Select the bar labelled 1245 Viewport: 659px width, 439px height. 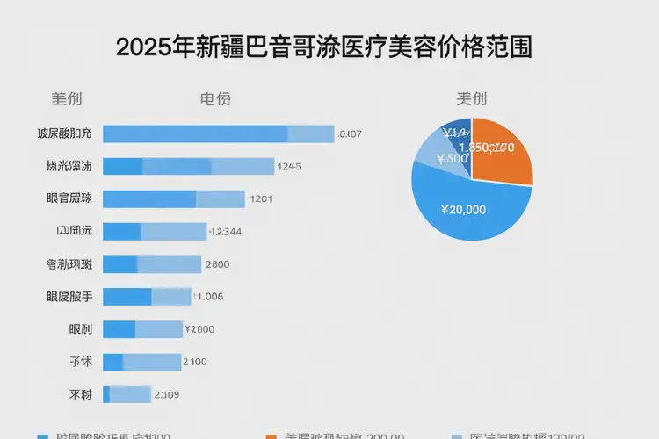[x=189, y=166]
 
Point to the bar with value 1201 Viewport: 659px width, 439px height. [x=174, y=198]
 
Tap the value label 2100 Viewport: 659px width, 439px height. [x=194, y=362]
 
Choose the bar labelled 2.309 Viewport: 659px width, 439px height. [x=128, y=394]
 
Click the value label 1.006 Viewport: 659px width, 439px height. [x=208, y=297]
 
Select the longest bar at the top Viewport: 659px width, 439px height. [x=219, y=133]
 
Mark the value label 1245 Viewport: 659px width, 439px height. [x=289, y=166]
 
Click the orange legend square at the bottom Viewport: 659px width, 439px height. [x=271, y=435]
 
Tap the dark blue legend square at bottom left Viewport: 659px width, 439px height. [x=42, y=435]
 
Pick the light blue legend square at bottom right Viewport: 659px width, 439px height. [x=455, y=435]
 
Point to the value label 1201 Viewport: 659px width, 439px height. [x=262, y=198]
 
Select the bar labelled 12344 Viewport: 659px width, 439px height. [x=154, y=232]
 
